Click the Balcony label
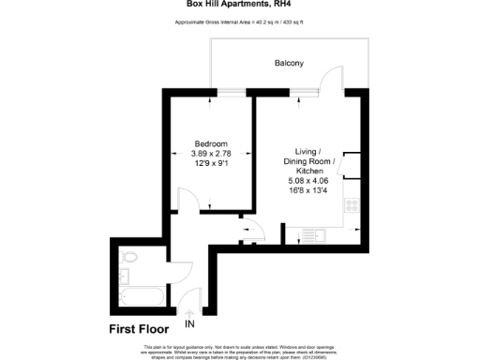tap(289, 63)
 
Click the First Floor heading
tap(138, 329)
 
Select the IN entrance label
tap(190, 325)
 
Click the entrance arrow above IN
tap(190, 313)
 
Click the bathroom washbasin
tap(126, 276)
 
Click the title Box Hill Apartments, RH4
tap(240, 5)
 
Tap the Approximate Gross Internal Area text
tap(240, 22)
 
